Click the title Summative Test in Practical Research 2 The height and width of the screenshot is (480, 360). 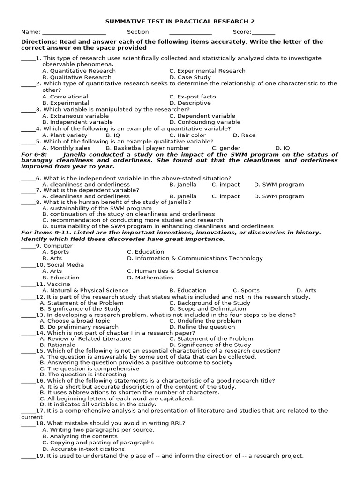coord(180,22)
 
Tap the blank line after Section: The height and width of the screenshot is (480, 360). coord(190,33)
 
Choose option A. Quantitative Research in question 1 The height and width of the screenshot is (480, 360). coord(79,71)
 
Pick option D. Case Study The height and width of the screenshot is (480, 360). coord(190,77)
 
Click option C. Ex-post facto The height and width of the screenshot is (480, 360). coord(193,97)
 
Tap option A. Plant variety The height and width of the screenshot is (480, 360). coord(65,135)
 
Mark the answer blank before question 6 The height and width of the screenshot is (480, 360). coord(28,179)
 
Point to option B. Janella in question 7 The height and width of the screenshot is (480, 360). coord(183,196)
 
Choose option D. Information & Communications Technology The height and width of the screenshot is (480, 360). coord(195,258)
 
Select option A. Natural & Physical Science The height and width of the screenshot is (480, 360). coord(85,290)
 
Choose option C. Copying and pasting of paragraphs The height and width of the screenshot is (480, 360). coord(97,442)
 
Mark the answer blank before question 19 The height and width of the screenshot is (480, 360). coord(28,456)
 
